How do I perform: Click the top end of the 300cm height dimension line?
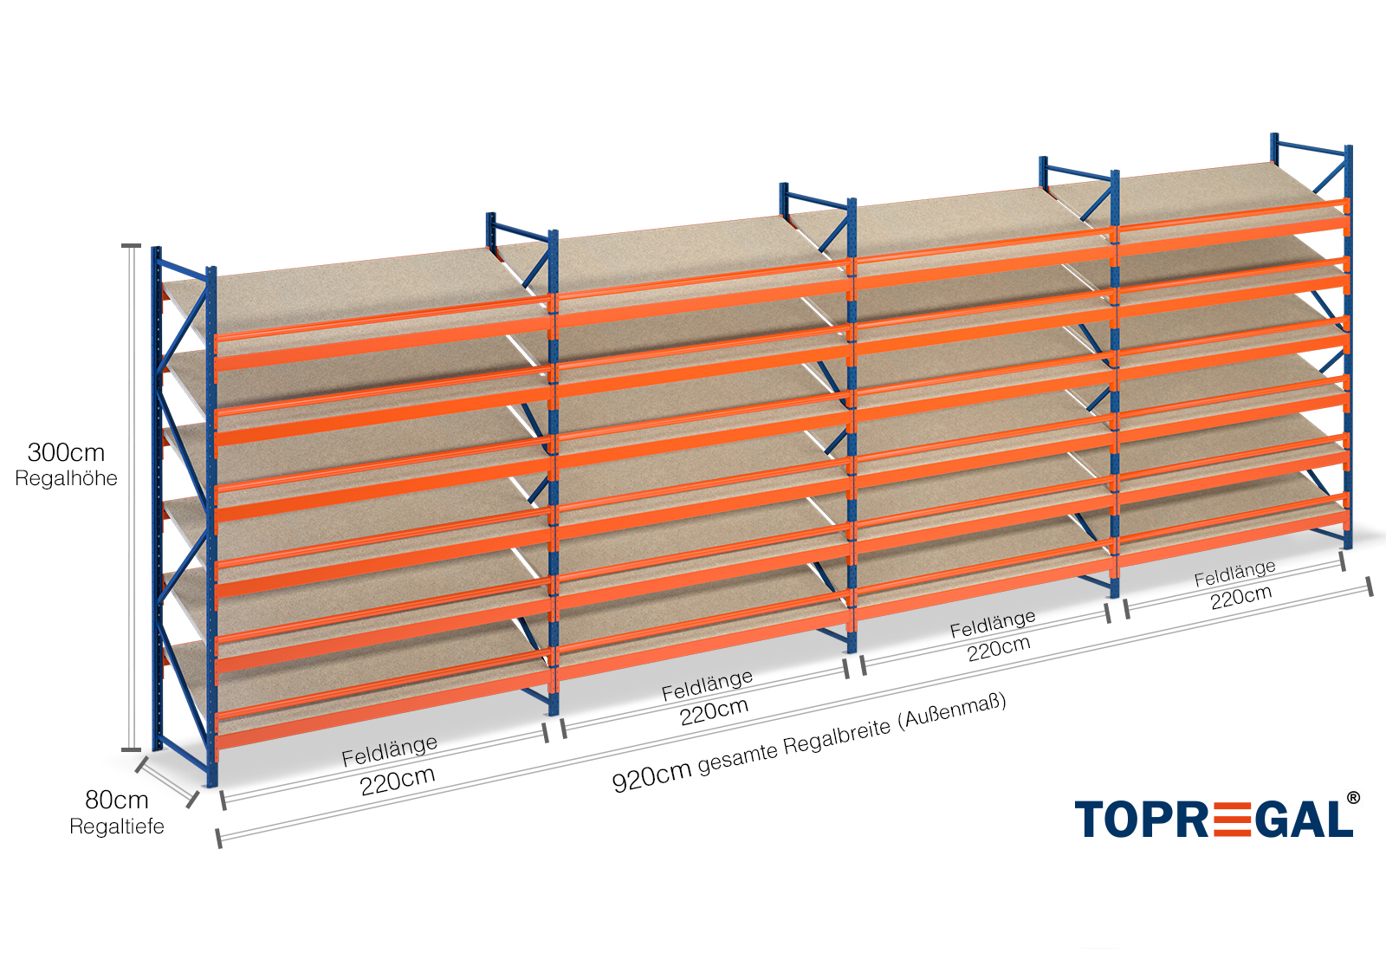[131, 246]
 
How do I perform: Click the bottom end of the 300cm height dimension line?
[131, 750]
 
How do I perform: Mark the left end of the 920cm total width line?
[219, 840]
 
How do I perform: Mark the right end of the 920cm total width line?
[1370, 586]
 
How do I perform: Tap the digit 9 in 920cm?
[620, 783]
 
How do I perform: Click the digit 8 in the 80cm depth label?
[93, 800]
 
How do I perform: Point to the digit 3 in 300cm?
[36, 452]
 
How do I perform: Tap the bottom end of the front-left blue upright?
[211, 785]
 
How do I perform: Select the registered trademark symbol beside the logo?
[1353, 798]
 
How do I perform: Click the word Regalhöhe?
[66, 478]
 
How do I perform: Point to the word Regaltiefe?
[117, 827]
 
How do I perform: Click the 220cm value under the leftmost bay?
[398, 781]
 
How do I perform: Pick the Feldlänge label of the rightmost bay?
[1235, 573]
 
